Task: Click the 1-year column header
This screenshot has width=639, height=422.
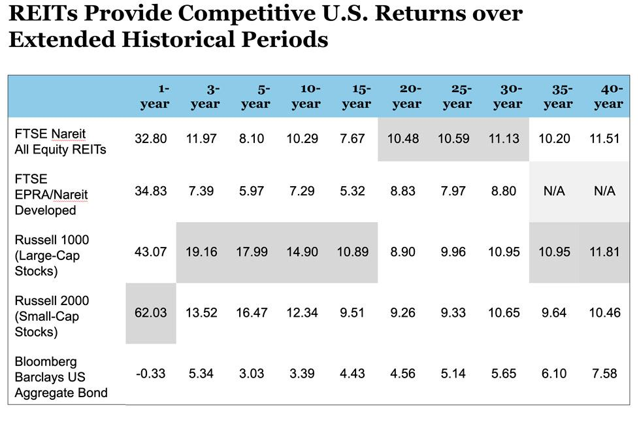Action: click(x=155, y=96)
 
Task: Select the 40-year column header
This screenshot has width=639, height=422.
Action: click(x=608, y=96)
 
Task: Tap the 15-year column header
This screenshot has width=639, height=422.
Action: click(x=357, y=96)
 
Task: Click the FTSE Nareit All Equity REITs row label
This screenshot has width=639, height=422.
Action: click(x=60, y=141)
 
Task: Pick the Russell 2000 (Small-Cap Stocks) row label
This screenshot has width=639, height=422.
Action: click(x=52, y=316)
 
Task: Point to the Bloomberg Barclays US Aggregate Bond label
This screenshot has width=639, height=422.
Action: click(x=61, y=377)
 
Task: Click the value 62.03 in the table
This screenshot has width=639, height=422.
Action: click(x=151, y=313)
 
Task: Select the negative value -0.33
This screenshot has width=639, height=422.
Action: click(x=151, y=374)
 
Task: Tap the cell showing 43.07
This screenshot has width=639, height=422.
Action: click(x=151, y=252)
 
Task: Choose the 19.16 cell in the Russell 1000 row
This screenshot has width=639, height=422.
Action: click(x=201, y=252)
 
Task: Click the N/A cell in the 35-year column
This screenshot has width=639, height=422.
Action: click(x=554, y=191)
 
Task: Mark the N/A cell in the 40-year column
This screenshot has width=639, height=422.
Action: click(x=605, y=191)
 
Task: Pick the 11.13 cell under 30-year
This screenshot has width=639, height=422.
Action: click(x=504, y=139)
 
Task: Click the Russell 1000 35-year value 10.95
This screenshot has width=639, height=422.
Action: click(x=554, y=252)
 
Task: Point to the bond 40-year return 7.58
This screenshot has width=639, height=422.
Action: click(x=605, y=374)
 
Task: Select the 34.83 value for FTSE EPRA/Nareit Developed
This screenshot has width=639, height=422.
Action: click(x=151, y=191)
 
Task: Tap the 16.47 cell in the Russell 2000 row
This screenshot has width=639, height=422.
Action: click(x=252, y=313)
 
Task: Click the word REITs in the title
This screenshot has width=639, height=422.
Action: click(x=43, y=13)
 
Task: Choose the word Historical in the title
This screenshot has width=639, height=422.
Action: click(x=176, y=39)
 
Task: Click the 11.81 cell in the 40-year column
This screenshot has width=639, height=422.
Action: click(x=605, y=252)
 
